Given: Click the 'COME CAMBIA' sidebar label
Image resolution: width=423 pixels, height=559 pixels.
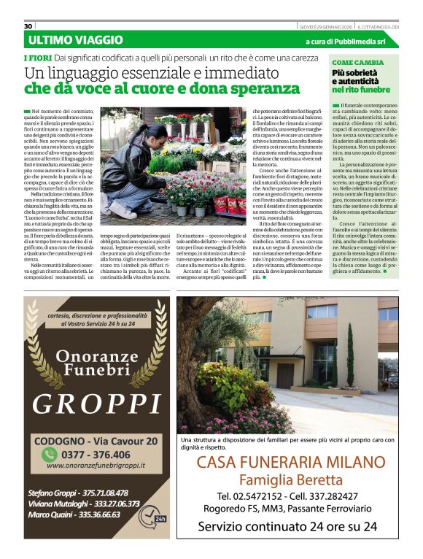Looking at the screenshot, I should click(x=357, y=63).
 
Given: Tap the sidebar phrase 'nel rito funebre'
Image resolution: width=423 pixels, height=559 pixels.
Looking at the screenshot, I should click(x=360, y=90).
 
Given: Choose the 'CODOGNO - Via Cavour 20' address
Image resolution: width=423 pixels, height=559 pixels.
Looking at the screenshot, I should click(x=97, y=441).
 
